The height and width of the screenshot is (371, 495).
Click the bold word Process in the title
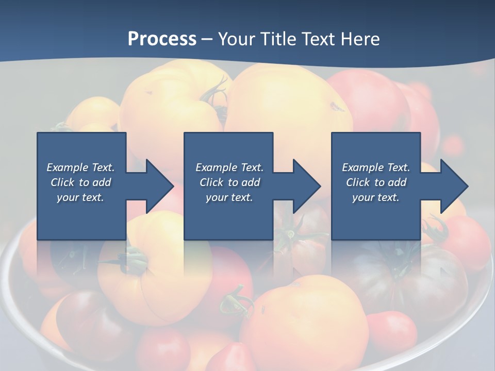(x=162, y=39)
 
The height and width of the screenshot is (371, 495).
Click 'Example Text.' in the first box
(x=80, y=167)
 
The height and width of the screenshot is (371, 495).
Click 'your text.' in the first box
(x=80, y=197)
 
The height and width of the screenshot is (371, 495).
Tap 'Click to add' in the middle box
(x=229, y=182)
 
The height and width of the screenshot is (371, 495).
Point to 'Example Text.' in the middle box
(x=229, y=167)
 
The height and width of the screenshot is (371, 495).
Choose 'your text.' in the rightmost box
(x=376, y=197)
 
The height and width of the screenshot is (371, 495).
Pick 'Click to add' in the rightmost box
(x=376, y=182)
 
